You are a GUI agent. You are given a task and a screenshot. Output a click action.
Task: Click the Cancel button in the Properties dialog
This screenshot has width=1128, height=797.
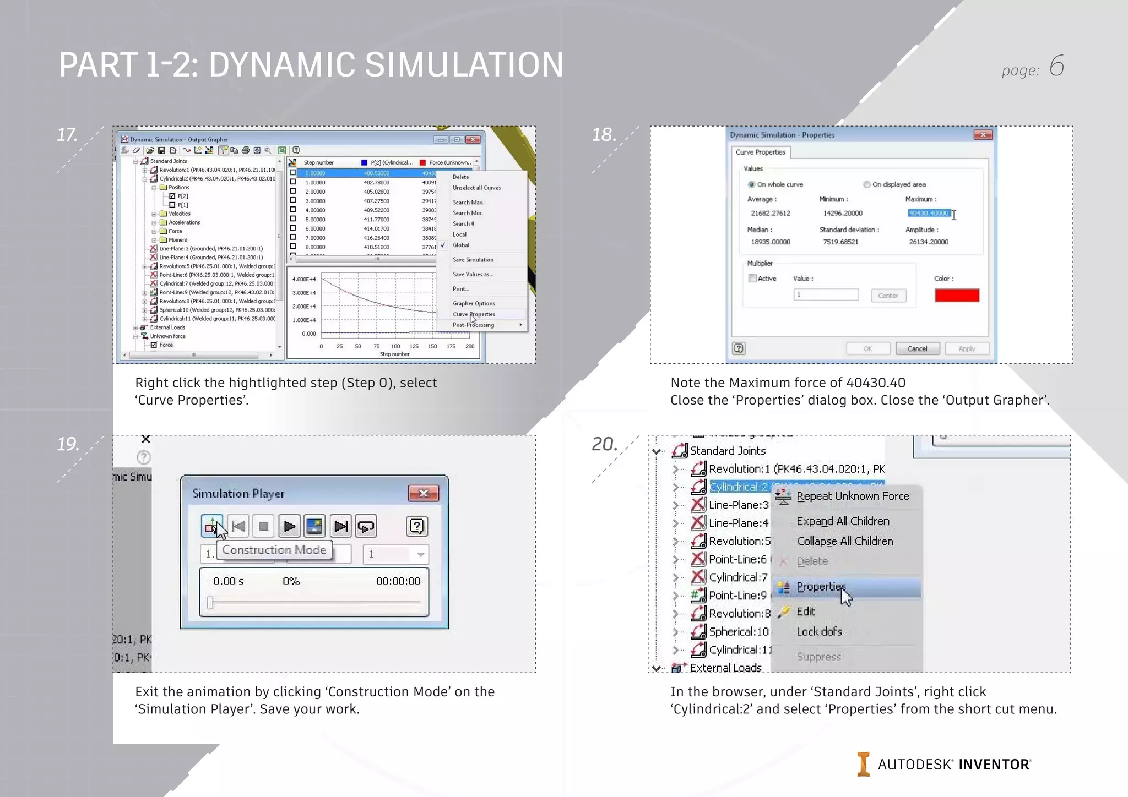point(917,348)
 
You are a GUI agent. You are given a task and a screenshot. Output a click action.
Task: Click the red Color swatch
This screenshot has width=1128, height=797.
point(957,295)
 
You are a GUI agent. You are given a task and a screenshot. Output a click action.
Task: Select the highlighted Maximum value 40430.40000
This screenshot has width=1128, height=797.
point(929,213)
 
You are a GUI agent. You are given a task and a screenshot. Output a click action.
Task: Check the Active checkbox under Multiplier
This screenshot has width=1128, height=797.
point(752,279)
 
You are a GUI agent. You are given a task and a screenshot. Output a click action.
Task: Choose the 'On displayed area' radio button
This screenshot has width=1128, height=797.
point(866,184)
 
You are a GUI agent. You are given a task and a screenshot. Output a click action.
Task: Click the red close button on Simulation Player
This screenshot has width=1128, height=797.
point(423,493)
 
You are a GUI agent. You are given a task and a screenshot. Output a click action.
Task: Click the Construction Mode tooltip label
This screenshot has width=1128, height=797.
point(274,550)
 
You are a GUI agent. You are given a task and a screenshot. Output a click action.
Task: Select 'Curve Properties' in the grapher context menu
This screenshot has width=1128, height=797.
point(474,314)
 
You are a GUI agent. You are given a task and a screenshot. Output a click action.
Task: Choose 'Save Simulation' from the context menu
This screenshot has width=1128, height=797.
point(473,260)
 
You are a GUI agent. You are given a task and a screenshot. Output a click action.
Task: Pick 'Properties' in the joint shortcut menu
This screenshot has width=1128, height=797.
point(821,587)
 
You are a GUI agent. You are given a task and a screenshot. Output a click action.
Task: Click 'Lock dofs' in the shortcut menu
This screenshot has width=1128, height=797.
point(819,632)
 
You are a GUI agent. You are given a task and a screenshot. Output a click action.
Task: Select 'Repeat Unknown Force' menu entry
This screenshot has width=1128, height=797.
point(853,496)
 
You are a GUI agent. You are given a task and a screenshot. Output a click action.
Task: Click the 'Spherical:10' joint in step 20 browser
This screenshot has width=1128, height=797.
point(738,631)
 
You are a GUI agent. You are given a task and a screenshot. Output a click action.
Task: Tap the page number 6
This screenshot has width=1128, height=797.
point(1056,66)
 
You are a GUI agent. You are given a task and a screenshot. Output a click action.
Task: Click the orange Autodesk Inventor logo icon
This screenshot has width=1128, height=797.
point(863,764)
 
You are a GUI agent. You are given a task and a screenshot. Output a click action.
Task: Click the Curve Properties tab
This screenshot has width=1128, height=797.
point(760,152)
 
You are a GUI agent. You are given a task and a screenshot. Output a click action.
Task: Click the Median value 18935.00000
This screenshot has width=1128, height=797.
point(771,242)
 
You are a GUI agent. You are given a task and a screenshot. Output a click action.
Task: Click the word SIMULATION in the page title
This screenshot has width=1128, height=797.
point(464,64)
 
